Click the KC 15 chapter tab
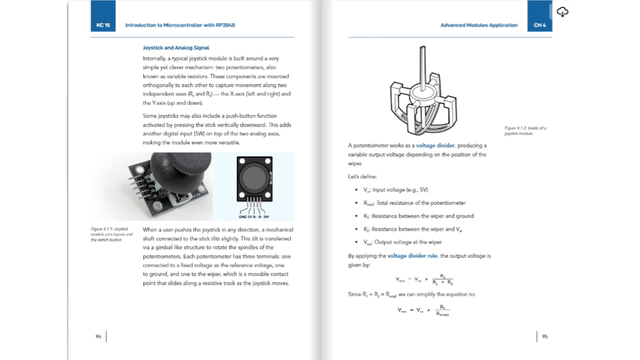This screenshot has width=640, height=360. [103, 25]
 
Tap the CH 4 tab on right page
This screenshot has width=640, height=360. [540, 25]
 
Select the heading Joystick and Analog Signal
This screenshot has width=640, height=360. [176, 48]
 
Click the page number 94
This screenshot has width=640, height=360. [98, 336]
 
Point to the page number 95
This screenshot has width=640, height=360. [544, 336]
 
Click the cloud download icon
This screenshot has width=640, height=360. [562, 12]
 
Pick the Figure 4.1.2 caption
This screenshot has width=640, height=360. [525, 130]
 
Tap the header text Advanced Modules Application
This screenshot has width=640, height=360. [479, 25]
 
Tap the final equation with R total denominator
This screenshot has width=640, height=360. [423, 310]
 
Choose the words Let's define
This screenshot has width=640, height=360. [359, 177]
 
